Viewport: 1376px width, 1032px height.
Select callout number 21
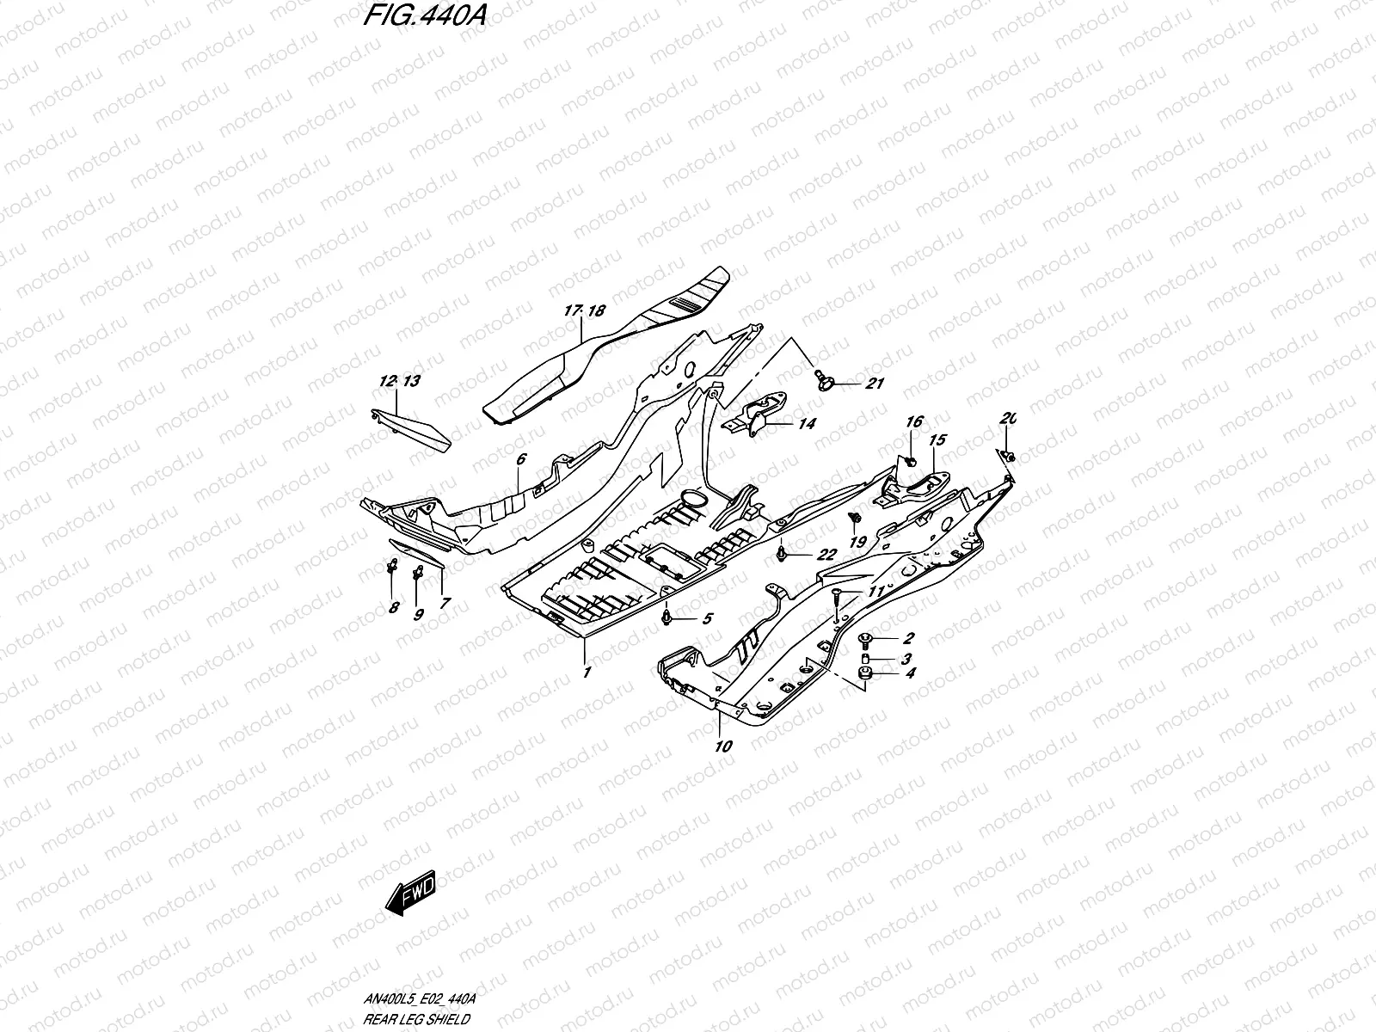tap(875, 384)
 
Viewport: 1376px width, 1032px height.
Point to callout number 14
tap(806, 424)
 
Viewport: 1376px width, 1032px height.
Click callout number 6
tap(521, 460)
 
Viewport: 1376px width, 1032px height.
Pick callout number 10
tap(723, 746)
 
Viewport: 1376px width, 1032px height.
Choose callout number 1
tap(587, 673)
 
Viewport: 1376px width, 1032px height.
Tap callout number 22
tap(826, 556)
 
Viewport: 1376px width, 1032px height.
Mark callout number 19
tap(857, 543)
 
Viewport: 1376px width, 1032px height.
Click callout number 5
tap(707, 618)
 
